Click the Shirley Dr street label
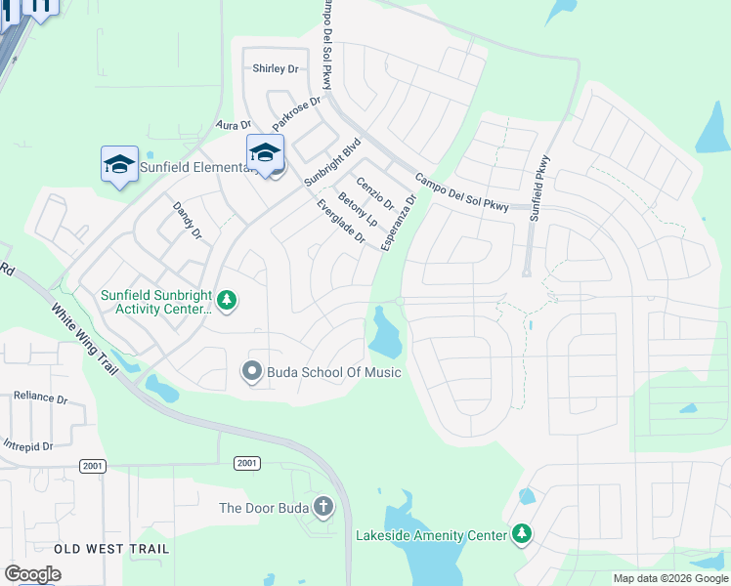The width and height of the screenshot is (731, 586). (275, 68)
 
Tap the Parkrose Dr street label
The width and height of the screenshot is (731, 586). (296, 114)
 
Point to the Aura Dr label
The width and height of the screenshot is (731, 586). (234, 125)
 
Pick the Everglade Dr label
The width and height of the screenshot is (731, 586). (341, 222)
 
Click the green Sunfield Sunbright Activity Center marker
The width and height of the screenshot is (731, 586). (227, 300)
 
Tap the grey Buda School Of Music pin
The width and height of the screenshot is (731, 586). (251, 371)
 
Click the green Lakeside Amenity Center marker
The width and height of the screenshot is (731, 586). (523, 534)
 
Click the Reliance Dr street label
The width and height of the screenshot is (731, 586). (41, 398)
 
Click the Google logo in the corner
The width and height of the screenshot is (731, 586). (32, 573)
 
